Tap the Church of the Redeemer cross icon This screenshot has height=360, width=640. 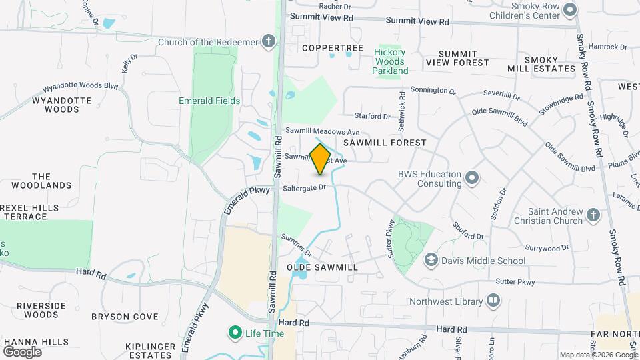pyautogui.click(x=268, y=42)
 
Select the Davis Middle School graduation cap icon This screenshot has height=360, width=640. pyautogui.click(x=431, y=259)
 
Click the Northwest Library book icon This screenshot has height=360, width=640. pyautogui.click(x=493, y=301)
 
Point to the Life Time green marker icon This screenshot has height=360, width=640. pyautogui.click(x=235, y=331)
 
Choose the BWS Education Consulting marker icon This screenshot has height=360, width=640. pyautogui.click(x=472, y=177)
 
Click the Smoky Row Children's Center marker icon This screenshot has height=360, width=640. pyautogui.click(x=569, y=9)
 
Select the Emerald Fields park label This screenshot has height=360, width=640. pyautogui.click(x=209, y=101)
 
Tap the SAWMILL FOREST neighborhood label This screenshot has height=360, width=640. pyautogui.click(x=385, y=143)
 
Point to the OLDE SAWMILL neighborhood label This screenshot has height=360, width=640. pyautogui.click(x=323, y=267)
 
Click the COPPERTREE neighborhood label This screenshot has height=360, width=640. pyautogui.click(x=333, y=48)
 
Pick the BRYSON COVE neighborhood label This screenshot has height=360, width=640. pyautogui.click(x=125, y=317)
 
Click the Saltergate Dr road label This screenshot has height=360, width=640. pyautogui.click(x=304, y=187)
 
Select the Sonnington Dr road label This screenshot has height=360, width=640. pyautogui.click(x=433, y=91)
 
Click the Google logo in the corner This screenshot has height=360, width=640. pyautogui.click(x=23, y=351)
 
